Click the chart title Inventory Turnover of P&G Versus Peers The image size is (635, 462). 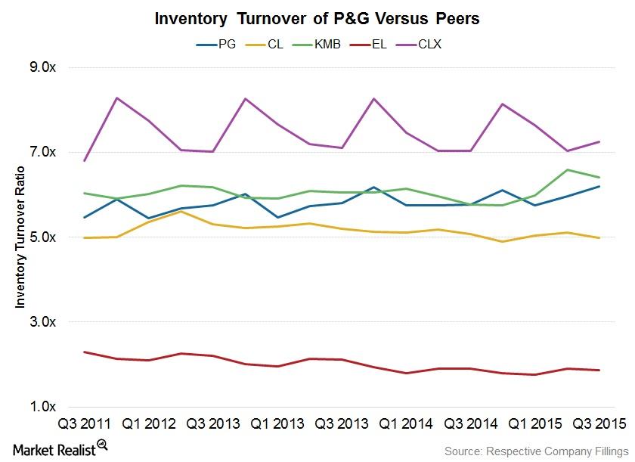coord(317,19)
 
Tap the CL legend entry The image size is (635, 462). coord(274,44)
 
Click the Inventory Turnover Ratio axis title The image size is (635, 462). coord(20,237)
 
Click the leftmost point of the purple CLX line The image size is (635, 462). coord(84,160)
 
